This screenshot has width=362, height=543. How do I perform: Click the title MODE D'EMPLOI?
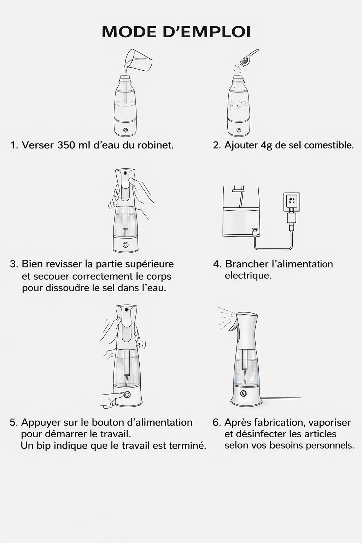pyautogui.click(x=176, y=32)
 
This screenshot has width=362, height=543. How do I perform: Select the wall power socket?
pyautogui.click(x=292, y=202)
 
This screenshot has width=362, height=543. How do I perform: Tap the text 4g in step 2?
pyautogui.click(x=266, y=145)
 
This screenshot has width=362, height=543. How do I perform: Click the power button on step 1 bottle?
pyautogui.click(x=125, y=130)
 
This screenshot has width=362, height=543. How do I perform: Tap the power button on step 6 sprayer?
pyautogui.click(x=243, y=393)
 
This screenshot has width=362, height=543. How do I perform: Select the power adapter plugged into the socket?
pyautogui.click(x=292, y=216)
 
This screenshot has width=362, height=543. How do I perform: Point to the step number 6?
pyautogui.click(x=216, y=422)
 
